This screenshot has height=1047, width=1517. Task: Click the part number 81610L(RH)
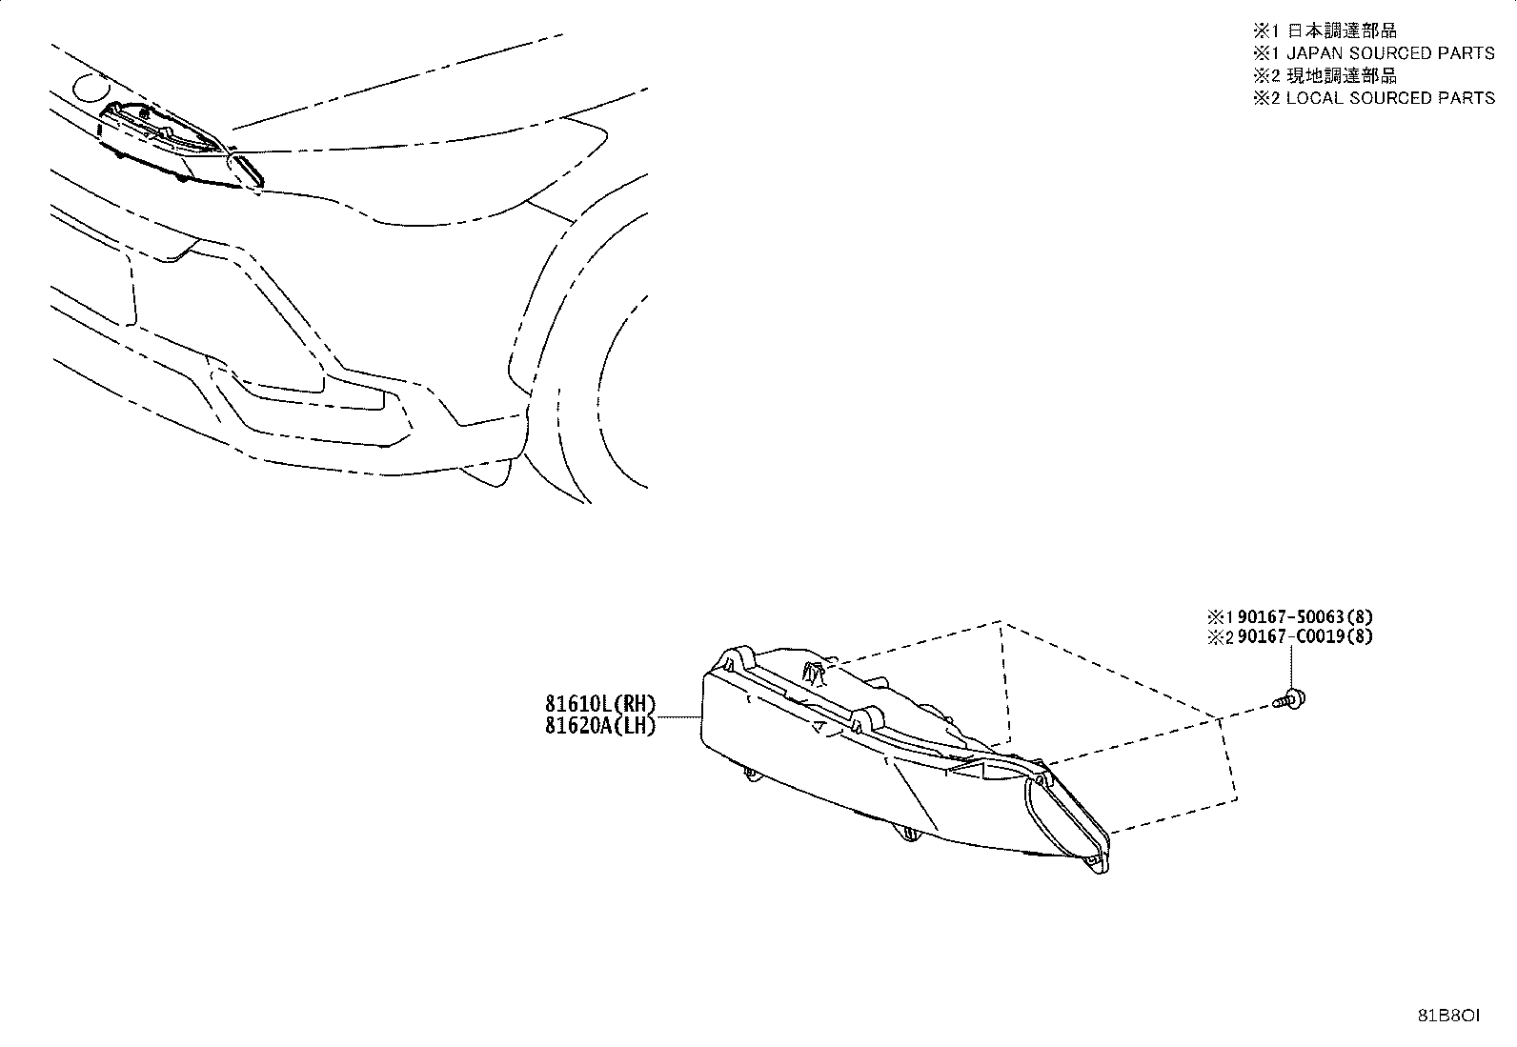coord(600,704)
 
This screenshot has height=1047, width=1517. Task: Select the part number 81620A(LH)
coord(600,725)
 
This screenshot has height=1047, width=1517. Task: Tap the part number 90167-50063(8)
coord(1305,617)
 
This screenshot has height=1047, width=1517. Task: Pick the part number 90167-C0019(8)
coord(1305,636)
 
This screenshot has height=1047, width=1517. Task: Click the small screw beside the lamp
coord(1289,699)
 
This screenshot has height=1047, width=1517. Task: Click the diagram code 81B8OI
coord(1448,1016)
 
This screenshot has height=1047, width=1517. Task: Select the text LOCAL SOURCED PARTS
coord(1390,98)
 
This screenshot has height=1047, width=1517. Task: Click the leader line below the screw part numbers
coord(1291,668)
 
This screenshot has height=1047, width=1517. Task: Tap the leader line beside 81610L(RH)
coord(678,716)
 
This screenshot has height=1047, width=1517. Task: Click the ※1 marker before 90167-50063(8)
coord(1221,617)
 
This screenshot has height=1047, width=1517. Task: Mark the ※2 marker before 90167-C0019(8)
coord(1221,637)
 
